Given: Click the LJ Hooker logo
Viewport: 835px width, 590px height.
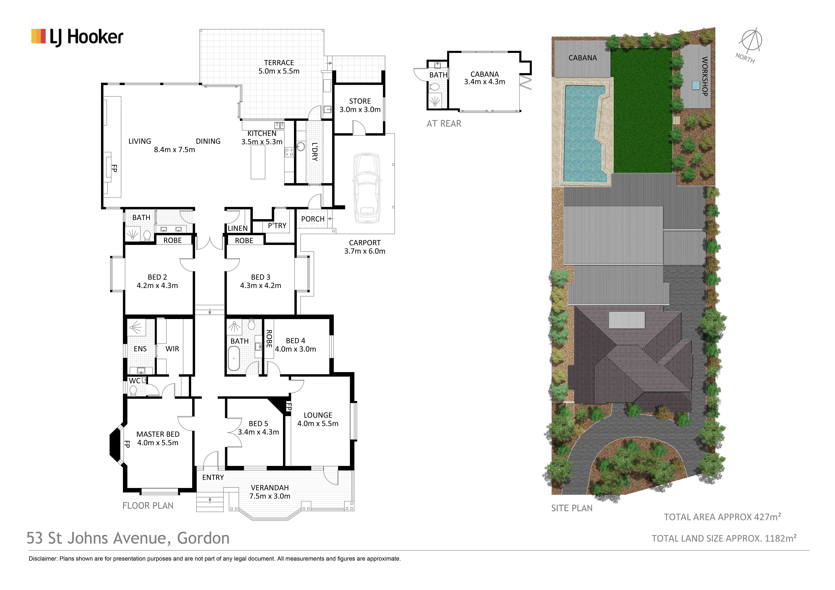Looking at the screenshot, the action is tap(77, 37).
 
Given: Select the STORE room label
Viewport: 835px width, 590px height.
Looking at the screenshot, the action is tap(360, 101).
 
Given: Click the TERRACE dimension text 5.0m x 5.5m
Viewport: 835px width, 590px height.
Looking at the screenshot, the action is tap(279, 71).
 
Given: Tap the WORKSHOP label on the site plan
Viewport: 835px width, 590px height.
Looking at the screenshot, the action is tap(704, 76).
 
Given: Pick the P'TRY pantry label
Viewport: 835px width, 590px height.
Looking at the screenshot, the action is tap(277, 226).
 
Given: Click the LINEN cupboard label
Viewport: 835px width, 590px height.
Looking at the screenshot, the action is tap(237, 228).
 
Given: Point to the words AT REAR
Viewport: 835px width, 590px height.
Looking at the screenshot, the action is tap(444, 124).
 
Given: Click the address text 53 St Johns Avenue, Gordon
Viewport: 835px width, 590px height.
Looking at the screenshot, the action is tap(128, 538).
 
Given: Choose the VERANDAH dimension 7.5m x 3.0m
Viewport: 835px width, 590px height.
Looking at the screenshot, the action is tap(270, 496).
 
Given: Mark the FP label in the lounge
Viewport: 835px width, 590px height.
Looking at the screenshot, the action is tap(289, 406).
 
